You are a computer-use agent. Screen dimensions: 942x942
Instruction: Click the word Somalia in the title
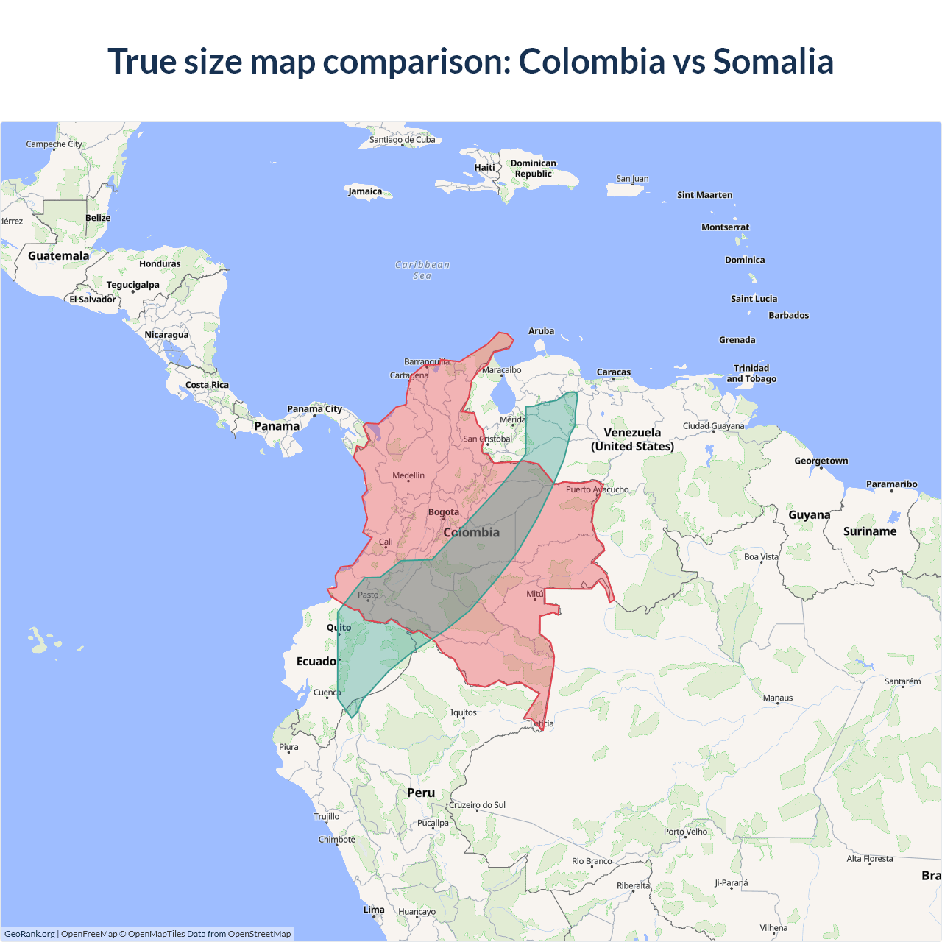773,61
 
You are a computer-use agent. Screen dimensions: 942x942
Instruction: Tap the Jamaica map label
365,191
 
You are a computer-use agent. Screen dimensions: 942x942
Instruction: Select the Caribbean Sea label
422,270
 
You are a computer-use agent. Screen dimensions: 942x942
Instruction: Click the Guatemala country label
58,256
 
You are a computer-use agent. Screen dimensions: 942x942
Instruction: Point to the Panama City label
314,409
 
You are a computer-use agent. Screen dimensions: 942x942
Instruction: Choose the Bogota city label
443,512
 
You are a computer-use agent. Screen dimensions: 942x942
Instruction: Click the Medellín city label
408,475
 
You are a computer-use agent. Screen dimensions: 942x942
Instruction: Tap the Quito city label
339,628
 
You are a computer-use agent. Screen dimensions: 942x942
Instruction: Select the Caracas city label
614,372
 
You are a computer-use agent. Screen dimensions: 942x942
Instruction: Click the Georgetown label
821,461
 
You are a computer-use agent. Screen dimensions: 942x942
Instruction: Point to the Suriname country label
870,531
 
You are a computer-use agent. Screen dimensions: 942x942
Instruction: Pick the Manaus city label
778,698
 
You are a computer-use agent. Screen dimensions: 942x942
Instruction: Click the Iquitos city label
464,712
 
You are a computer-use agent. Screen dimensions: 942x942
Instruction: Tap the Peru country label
421,793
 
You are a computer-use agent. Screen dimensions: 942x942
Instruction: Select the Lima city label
374,910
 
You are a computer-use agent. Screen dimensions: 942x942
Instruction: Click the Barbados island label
788,315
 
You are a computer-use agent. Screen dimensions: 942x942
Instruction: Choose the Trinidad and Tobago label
751,373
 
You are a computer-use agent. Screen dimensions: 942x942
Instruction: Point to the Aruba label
541,331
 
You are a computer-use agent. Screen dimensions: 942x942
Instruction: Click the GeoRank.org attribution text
29,934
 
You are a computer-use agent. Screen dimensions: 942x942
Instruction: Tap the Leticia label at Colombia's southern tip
542,723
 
